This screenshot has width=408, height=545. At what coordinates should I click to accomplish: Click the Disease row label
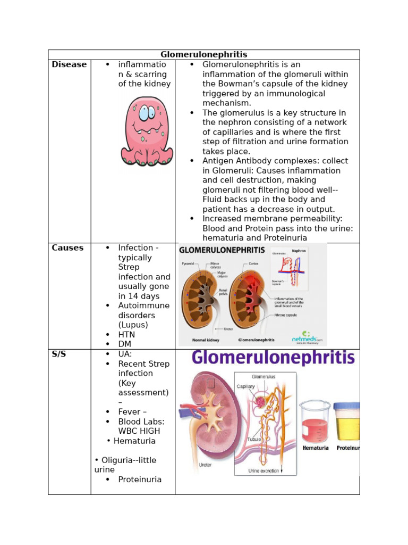pyautogui.click(x=69, y=64)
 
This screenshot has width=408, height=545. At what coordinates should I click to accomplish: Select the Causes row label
pyautogui.click(x=67, y=247)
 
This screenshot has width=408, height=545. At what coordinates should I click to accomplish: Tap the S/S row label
pyautogui.click(x=59, y=354)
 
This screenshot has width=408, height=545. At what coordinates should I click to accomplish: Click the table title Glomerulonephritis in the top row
pyautogui.click(x=204, y=54)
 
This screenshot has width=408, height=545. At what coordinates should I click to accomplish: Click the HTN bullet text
pyautogui.click(x=126, y=334)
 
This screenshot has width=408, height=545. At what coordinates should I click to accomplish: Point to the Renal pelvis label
pyautogui.click(x=223, y=292)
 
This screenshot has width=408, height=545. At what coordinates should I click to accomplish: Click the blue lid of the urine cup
pyautogui.click(x=346, y=406)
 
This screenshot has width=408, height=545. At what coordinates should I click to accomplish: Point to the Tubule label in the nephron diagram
pyautogui.click(x=253, y=440)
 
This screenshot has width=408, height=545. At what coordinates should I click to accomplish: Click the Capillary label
pyautogui.click(x=246, y=386)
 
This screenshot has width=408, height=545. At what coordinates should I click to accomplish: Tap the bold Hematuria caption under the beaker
pyautogui.click(x=315, y=448)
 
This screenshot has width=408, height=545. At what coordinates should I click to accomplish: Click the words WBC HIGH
pyautogui.click(x=139, y=431)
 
